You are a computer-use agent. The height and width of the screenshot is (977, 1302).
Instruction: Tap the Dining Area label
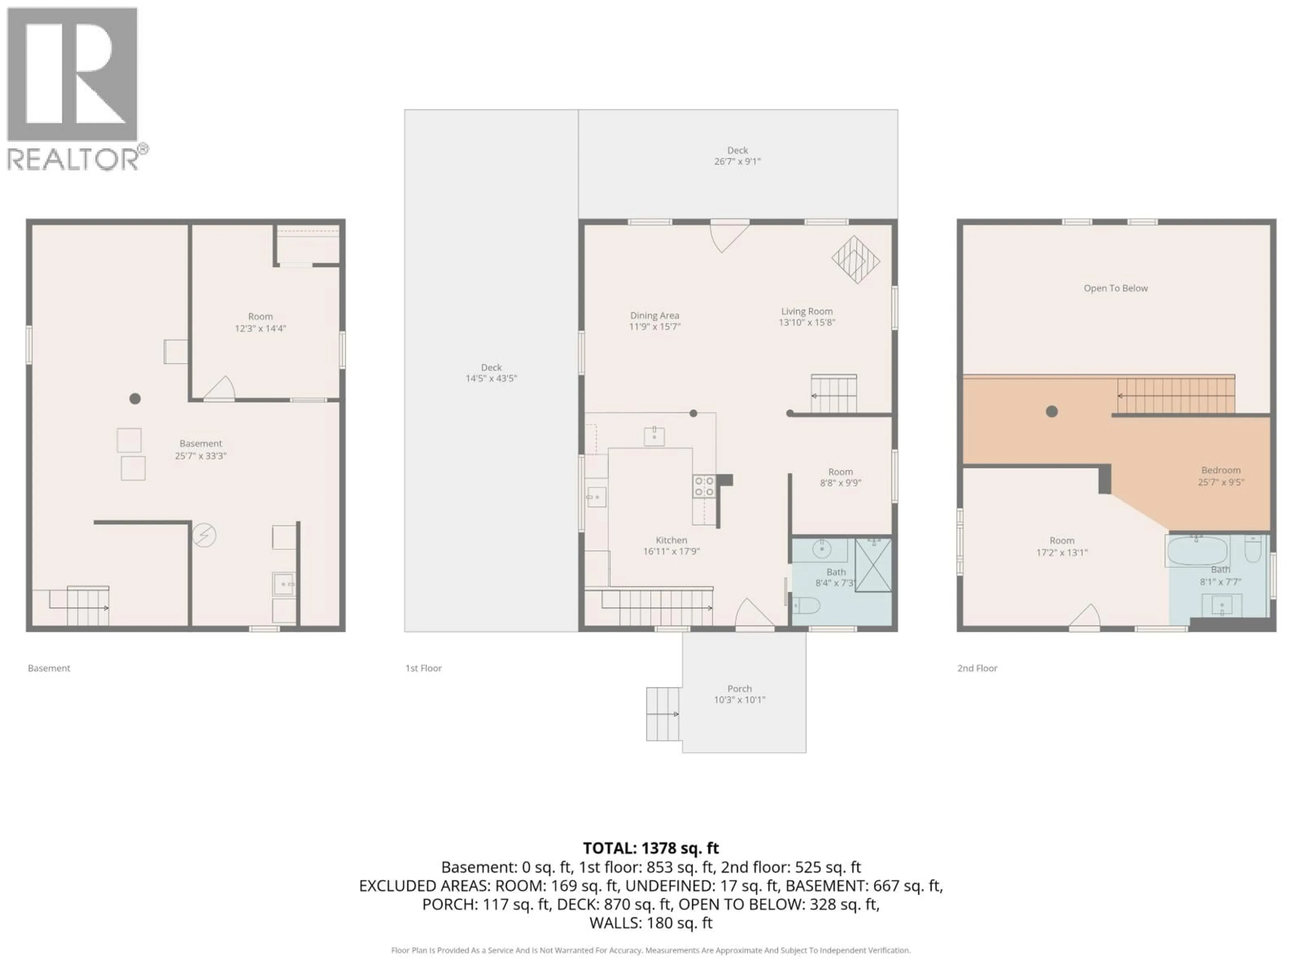pyautogui.click(x=654, y=315)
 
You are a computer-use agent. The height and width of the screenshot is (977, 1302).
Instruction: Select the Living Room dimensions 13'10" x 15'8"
pyautogui.click(x=807, y=323)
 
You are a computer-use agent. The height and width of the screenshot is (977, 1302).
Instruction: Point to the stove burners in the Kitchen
pyautogui.click(x=704, y=486)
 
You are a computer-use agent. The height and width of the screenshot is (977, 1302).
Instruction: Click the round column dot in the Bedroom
pyautogui.click(x=1052, y=411)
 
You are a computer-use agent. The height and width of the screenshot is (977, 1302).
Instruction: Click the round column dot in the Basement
pyautogui.click(x=135, y=399)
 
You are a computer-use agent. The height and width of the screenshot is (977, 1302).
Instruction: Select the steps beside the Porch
pyautogui.click(x=663, y=714)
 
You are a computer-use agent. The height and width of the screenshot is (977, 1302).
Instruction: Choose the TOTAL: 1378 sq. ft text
pyautogui.click(x=650, y=848)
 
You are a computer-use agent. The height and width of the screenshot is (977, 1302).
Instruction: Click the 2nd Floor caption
pyautogui.click(x=977, y=668)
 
